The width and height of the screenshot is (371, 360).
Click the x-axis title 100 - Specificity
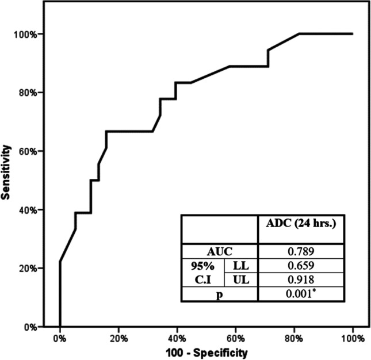click(x=205, y=350)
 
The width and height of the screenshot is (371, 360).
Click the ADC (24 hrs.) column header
click(x=301, y=225)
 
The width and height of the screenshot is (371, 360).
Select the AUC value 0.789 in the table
click(x=301, y=251)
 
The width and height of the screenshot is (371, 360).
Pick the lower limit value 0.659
click(x=301, y=265)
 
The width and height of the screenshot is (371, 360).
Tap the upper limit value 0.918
click(x=301, y=279)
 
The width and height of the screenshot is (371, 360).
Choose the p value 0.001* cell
click(x=301, y=294)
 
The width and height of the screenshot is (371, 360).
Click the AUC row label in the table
click(x=219, y=251)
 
